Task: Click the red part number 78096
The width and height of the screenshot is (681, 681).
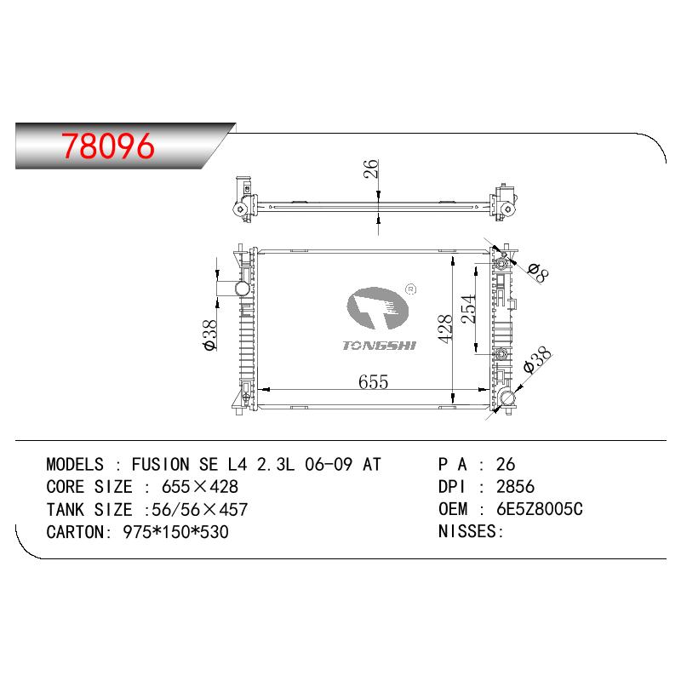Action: tap(108, 146)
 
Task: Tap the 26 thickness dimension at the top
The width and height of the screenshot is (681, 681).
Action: tap(370, 169)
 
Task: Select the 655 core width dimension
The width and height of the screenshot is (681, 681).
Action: tap(373, 381)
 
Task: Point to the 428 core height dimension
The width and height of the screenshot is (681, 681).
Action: tap(445, 329)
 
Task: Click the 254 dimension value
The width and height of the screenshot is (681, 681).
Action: tap(468, 309)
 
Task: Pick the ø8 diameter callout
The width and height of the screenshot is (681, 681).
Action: tap(539, 272)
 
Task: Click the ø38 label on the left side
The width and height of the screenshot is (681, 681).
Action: tap(209, 335)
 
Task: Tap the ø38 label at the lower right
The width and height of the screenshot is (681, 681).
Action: tap(537, 359)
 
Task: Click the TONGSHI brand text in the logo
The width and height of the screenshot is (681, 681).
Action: tap(379, 346)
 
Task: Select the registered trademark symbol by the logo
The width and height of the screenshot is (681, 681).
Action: tap(410, 289)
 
